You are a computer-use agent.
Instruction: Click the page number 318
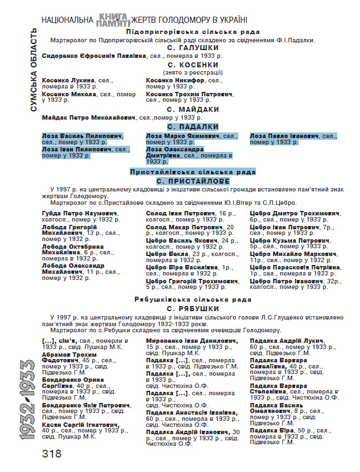51,453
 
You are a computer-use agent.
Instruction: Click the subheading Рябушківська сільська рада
193,299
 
